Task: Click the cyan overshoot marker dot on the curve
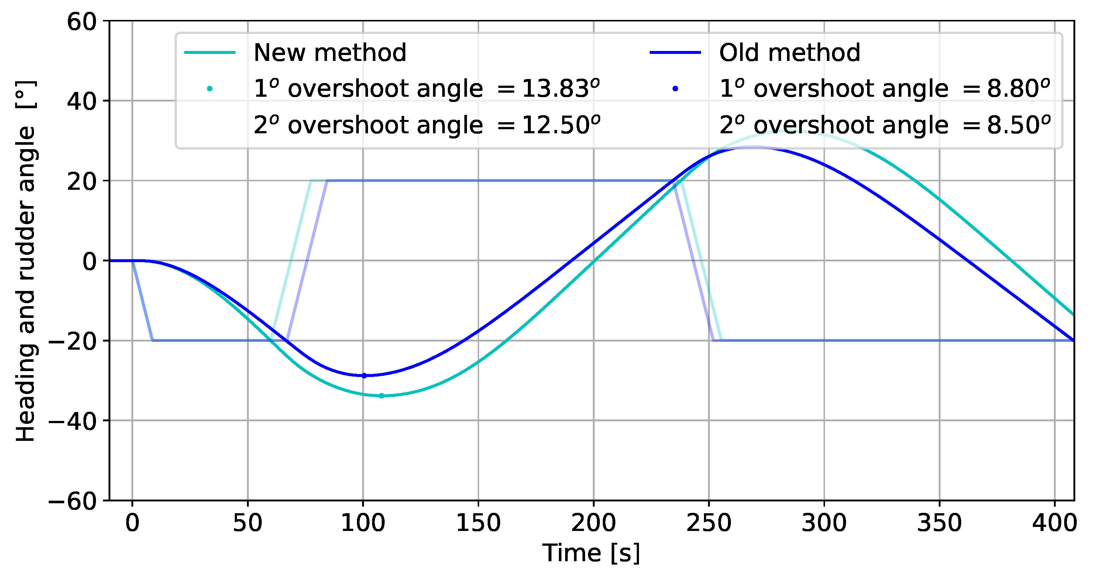click(381, 395)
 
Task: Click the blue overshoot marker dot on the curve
click(364, 376)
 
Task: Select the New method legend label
click(330, 53)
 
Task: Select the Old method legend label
click(790, 53)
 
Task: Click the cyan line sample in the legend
click(210, 53)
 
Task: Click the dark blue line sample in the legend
click(675, 53)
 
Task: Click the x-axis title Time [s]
click(591, 553)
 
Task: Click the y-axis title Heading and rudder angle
click(25, 261)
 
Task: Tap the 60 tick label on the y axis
click(82, 21)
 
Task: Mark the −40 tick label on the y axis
click(73, 421)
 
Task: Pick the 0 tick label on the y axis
click(90, 261)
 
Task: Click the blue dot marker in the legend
click(676, 89)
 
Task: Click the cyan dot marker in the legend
click(210, 89)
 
